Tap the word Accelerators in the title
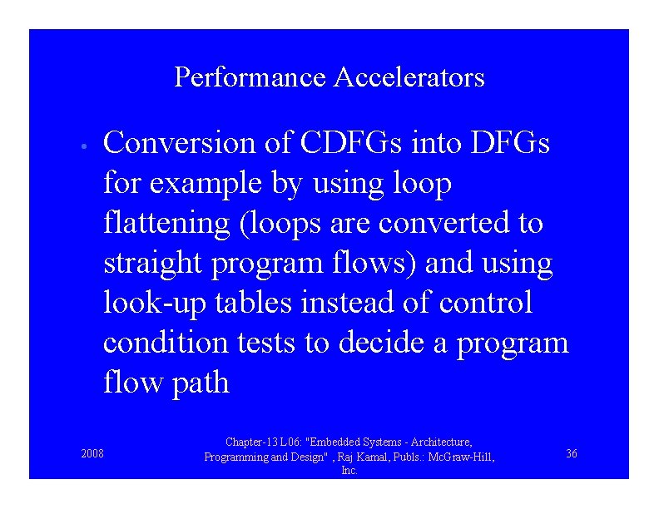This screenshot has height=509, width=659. pos(409,78)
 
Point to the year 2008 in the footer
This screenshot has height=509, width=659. pos(92,453)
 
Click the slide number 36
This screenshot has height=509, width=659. pos(572,453)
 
